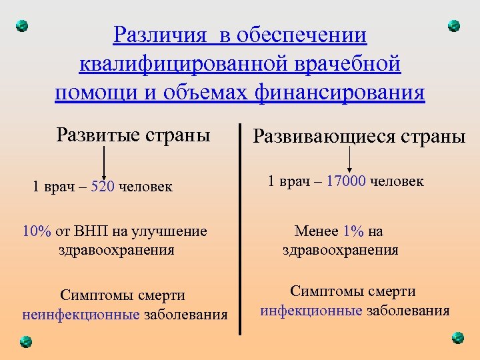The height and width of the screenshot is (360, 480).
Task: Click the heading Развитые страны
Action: point(133,135)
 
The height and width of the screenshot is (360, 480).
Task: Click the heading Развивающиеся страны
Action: point(358,137)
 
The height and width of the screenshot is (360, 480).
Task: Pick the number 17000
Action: point(345,181)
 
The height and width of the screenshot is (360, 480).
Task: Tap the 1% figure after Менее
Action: point(353,232)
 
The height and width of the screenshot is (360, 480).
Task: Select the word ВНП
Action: point(87,232)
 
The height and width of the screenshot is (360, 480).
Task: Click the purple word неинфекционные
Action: point(81,314)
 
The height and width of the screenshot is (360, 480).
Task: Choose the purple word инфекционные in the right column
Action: point(311,311)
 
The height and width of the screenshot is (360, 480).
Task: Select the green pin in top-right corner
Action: point(454,26)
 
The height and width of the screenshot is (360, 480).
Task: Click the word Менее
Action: point(317,232)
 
